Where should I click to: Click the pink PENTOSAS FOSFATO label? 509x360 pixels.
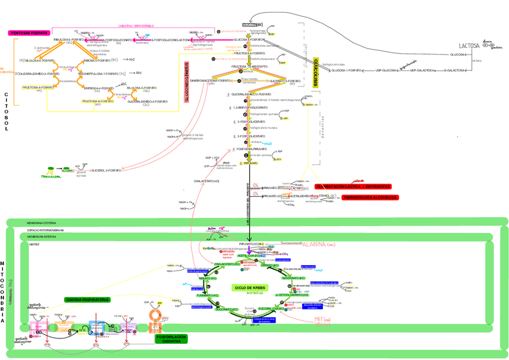point(29,32)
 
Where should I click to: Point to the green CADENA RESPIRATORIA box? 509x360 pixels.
point(87,299)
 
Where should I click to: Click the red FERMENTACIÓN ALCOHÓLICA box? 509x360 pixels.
point(370,197)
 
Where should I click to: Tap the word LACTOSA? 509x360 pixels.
point(469,46)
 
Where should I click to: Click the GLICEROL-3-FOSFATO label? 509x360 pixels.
point(107,170)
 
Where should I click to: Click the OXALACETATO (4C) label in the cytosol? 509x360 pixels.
point(206,181)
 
